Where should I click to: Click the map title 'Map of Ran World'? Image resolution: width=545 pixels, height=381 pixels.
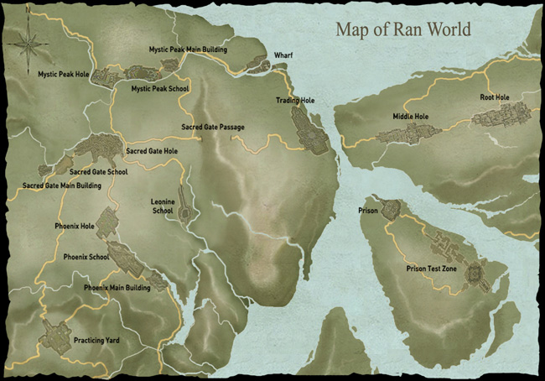pyautogui.click(x=402, y=29)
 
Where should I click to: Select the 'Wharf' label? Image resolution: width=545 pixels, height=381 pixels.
pyautogui.click(x=283, y=57)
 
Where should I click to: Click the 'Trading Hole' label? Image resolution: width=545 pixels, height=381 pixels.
pyautogui.click(x=293, y=101)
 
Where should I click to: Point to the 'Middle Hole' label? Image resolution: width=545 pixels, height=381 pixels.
pyautogui.click(x=410, y=116)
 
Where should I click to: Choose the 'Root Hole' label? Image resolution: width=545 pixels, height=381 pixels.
pyautogui.click(x=495, y=97)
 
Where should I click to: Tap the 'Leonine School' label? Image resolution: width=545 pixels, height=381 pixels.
pyautogui.click(x=162, y=206)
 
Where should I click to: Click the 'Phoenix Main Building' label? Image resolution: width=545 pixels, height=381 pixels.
pyautogui.click(x=117, y=288)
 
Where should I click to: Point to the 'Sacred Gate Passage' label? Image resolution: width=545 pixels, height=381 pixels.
pyautogui.click(x=213, y=128)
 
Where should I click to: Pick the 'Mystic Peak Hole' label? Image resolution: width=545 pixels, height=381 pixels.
pyautogui.click(x=64, y=74)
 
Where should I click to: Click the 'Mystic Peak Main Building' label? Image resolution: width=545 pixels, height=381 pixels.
pyautogui.click(x=188, y=50)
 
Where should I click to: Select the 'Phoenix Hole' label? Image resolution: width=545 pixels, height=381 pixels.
pyautogui.click(x=75, y=226)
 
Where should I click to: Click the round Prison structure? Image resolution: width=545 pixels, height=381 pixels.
pyautogui.click(x=389, y=211)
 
